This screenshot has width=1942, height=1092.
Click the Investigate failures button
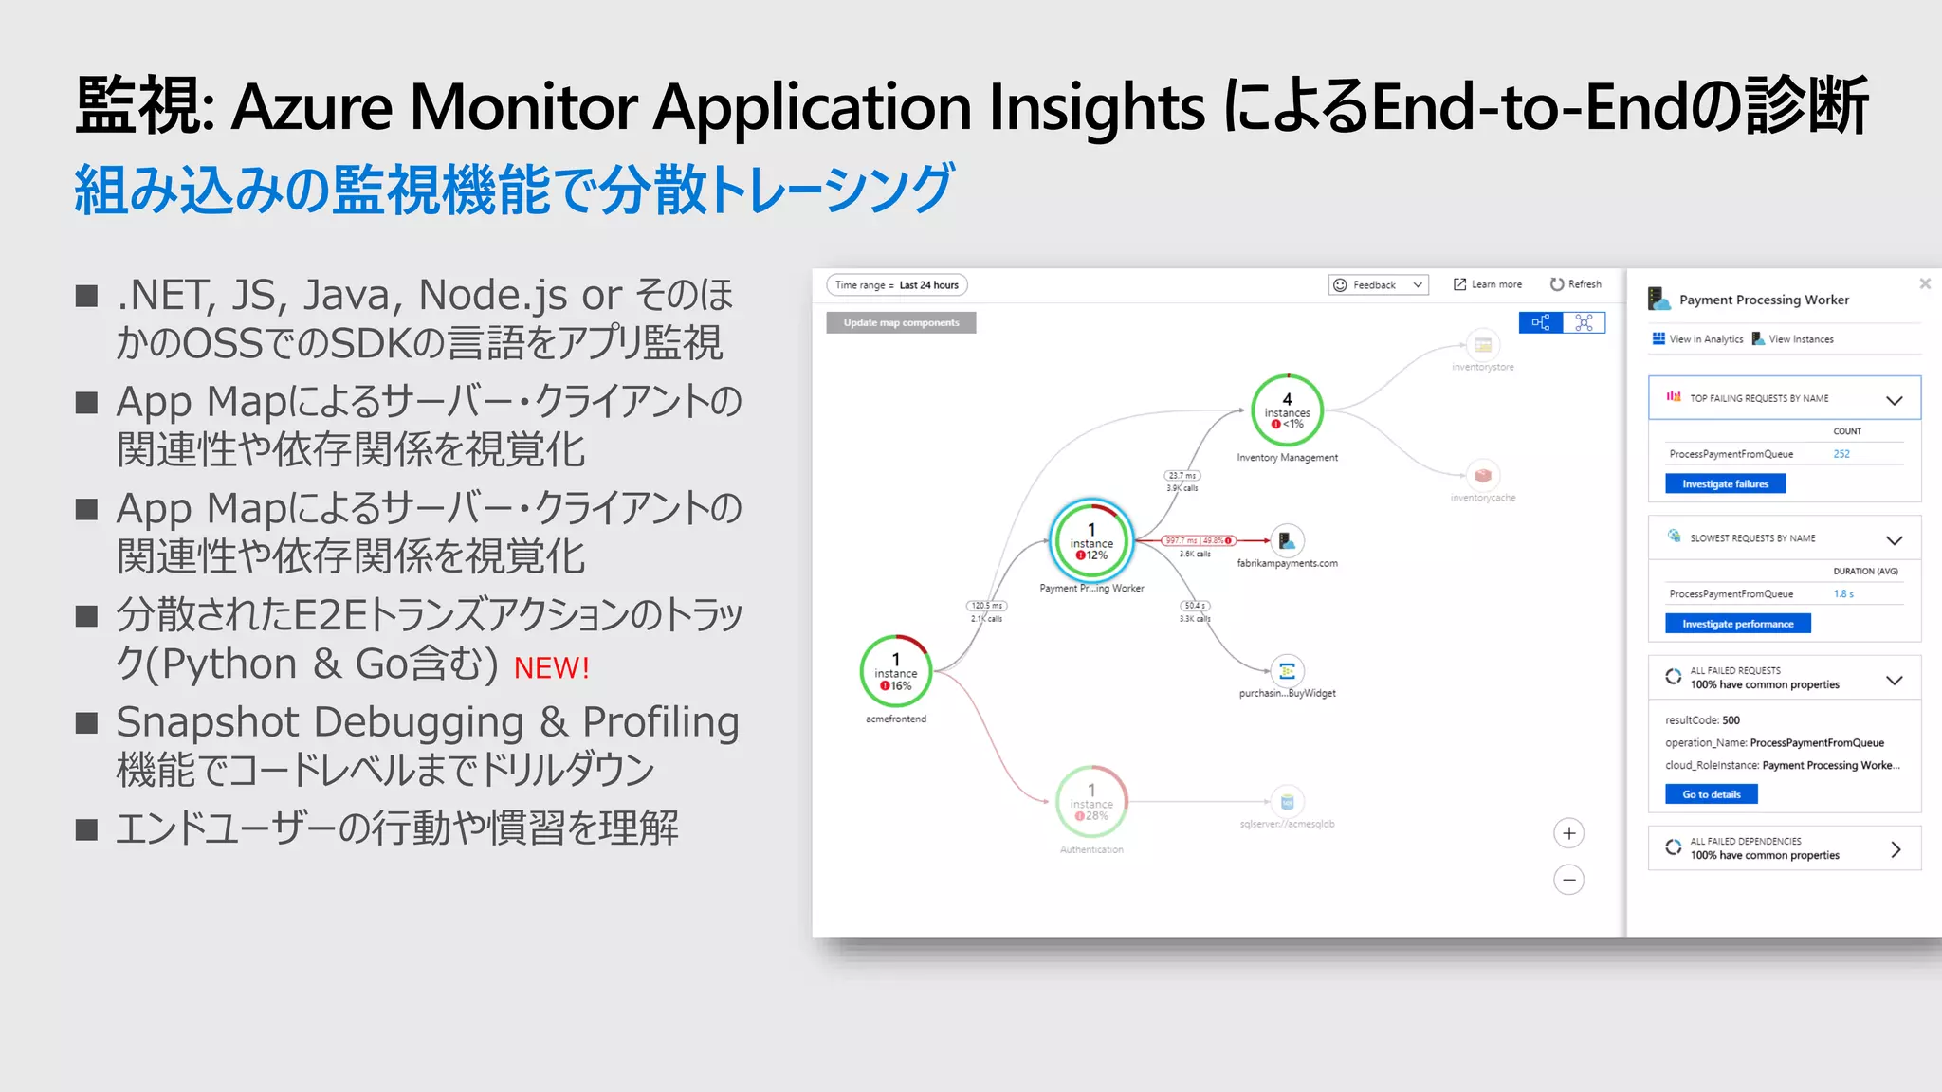(1725, 484)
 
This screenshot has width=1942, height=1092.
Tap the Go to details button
(1711, 794)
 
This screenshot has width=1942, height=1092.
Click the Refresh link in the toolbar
(1575, 284)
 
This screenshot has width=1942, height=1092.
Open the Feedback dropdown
(1378, 285)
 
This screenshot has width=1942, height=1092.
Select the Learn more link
(1488, 284)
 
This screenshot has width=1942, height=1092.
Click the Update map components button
(901, 323)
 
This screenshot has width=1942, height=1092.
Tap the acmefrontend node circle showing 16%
(896, 671)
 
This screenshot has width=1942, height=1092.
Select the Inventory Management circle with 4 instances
(1287, 410)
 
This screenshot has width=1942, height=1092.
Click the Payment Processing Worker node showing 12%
(1091, 541)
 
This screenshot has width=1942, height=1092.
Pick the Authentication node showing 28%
(1091, 802)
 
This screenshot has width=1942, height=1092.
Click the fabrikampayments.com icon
(1287, 541)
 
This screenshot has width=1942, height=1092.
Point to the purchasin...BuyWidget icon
(1287, 672)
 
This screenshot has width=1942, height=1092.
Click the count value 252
(1841, 454)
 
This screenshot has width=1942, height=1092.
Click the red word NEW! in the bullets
(552, 668)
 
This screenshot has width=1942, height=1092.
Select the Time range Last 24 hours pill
(897, 285)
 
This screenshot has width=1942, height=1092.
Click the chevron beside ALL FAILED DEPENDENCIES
(1895, 849)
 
